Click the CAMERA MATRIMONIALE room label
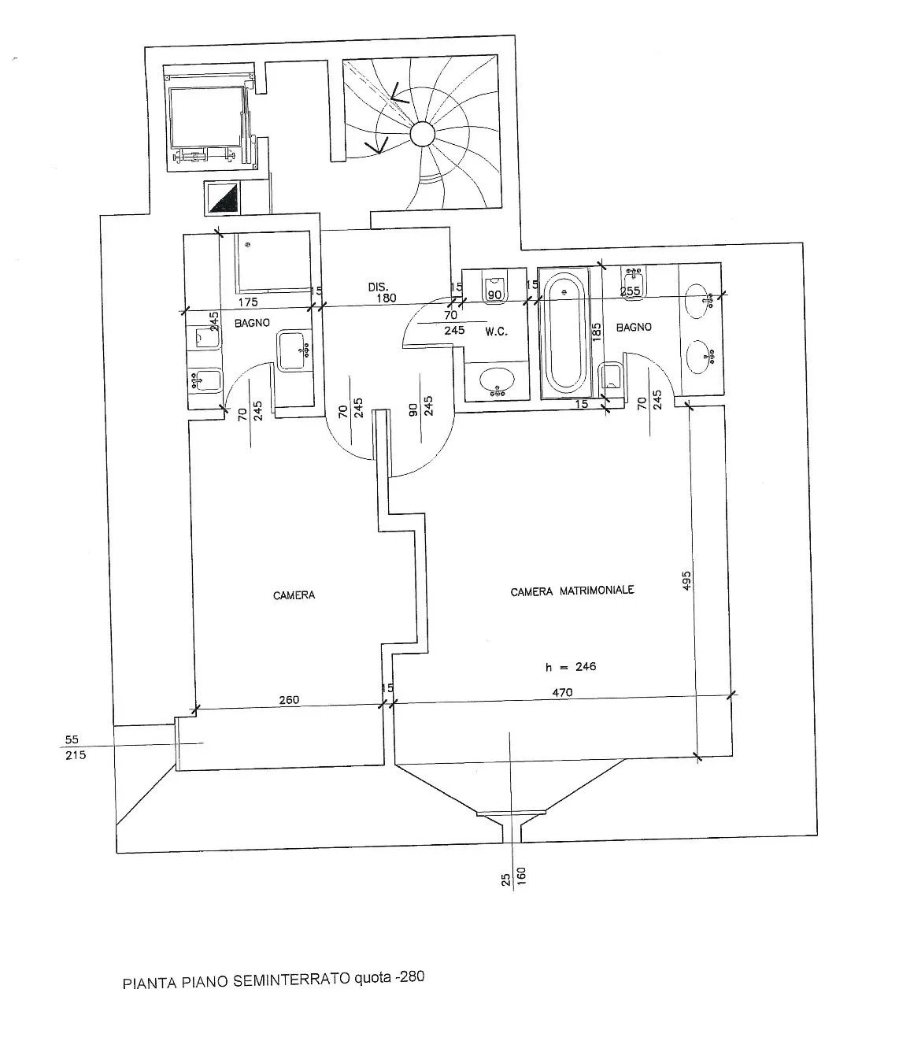tap(572, 591)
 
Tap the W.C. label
tap(497, 332)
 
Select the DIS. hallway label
tap(378, 287)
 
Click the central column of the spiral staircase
tap(422, 133)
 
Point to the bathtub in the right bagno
tap(564, 333)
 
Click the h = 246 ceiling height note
tap(570, 667)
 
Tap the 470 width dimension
tap(562, 692)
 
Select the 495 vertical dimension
tap(687, 580)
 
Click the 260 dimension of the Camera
tap(289, 699)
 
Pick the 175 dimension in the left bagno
tap(248, 302)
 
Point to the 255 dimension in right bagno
tap(630, 291)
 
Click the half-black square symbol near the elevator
tap(223, 198)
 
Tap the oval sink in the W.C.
tap(497, 382)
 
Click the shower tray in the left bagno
tap(272, 261)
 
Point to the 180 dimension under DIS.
tap(386, 298)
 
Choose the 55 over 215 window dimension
tap(75, 746)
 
